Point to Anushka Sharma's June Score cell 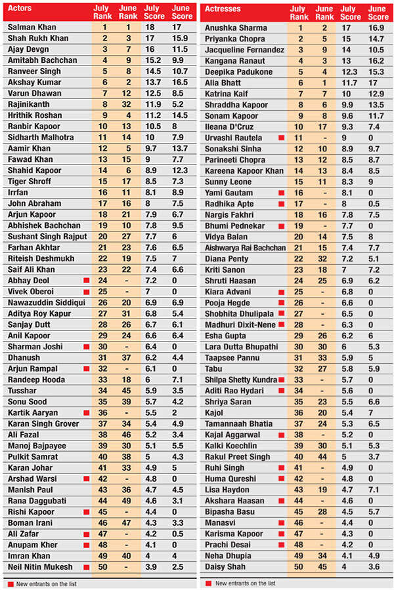pyautogui.click(x=378, y=28)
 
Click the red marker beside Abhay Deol pyautogui.click(x=86, y=280)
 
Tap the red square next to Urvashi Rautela pyautogui.click(x=281, y=138)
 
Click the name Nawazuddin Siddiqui pyautogui.click(x=45, y=302)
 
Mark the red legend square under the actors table pyautogui.click(x=11, y=583)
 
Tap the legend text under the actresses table pyautogui.click(x=245, y=583)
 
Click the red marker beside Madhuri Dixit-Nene pyautogui.click(x=281, y=325)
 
